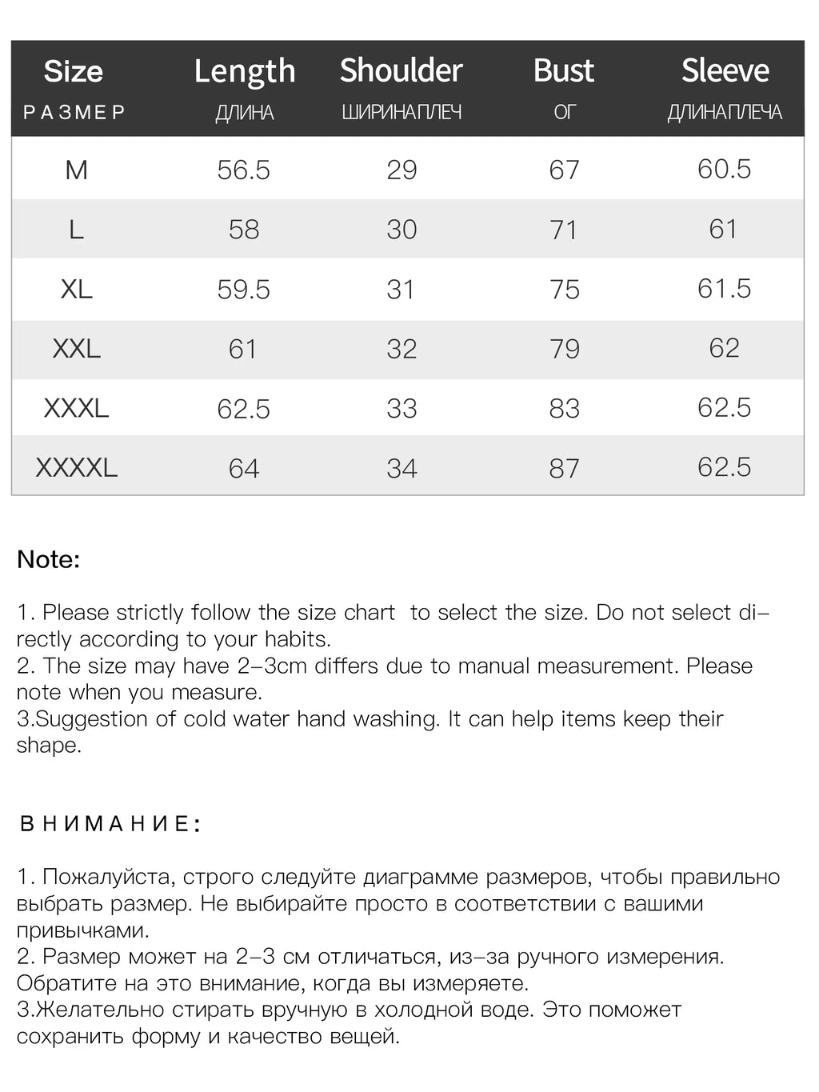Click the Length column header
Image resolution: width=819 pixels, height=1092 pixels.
245,71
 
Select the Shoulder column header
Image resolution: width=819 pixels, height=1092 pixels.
402,70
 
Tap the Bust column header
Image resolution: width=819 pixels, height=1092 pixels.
564,70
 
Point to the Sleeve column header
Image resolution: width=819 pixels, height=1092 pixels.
725,70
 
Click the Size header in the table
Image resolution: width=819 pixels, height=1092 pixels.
74,71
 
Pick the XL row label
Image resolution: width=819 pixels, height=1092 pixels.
77,289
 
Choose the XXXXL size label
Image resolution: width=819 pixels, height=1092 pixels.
77,467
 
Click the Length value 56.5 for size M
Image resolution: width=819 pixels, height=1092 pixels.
244,170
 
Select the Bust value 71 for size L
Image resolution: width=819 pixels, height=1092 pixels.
564,230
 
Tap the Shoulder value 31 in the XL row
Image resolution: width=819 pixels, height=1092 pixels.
402,289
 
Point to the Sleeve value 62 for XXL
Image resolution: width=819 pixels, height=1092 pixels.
724,348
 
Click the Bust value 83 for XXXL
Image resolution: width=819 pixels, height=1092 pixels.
564,408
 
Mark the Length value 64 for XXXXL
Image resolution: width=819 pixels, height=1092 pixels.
244,468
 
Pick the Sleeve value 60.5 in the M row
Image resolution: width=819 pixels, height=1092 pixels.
724,169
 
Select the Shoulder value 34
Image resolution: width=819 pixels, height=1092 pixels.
402,468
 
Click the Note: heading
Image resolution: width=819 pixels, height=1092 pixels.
49,559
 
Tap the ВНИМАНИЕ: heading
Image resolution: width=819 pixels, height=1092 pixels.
110,824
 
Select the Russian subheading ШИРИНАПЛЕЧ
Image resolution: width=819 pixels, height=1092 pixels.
402,112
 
